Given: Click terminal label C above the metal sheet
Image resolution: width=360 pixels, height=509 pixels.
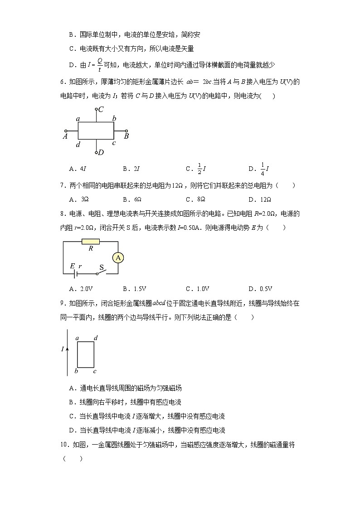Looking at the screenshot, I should point(101,109).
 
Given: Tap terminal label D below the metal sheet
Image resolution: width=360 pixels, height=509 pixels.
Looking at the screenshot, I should point(101,152).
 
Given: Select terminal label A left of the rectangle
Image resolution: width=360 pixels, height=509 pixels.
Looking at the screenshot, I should point(65,135).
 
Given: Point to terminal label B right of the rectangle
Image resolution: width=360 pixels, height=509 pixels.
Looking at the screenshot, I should point(126,135).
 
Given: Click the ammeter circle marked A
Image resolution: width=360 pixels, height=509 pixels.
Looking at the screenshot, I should point(118,258).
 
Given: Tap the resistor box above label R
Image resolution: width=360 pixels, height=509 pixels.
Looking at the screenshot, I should point(90,242).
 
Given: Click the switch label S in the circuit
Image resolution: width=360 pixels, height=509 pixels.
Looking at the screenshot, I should point(102,267).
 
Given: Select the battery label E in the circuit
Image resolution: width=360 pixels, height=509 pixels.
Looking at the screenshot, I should point(72,267).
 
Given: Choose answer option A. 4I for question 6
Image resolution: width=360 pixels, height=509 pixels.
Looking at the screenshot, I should point(78,169).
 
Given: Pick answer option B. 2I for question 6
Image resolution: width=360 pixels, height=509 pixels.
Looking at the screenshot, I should point(131,169).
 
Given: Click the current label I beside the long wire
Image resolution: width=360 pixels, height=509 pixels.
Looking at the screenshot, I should point(63,349).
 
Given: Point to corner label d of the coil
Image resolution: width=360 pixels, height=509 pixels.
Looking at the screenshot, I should point(96,338).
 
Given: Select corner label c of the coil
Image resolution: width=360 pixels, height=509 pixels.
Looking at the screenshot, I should point(95,372).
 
